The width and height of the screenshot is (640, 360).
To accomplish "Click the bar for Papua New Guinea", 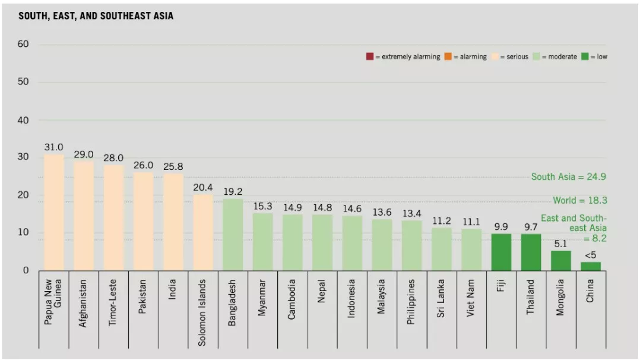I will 54,212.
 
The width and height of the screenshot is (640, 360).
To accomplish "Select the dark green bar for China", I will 590,266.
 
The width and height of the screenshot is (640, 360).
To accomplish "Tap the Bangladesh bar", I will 233,235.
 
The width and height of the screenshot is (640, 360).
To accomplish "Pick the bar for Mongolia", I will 560,260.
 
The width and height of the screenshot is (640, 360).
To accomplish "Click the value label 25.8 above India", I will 173,167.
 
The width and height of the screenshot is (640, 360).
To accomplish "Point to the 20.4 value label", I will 203,188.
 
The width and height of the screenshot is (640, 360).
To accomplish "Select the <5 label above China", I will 590,255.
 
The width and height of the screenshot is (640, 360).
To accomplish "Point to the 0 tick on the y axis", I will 26,271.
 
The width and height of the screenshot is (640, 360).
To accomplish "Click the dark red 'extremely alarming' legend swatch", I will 369,57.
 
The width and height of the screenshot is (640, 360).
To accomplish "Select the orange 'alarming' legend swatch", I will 448,57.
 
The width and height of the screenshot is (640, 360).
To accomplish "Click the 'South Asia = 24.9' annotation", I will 568,177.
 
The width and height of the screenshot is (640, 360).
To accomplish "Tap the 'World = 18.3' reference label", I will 579,201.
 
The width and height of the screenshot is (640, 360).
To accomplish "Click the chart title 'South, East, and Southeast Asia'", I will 96,17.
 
